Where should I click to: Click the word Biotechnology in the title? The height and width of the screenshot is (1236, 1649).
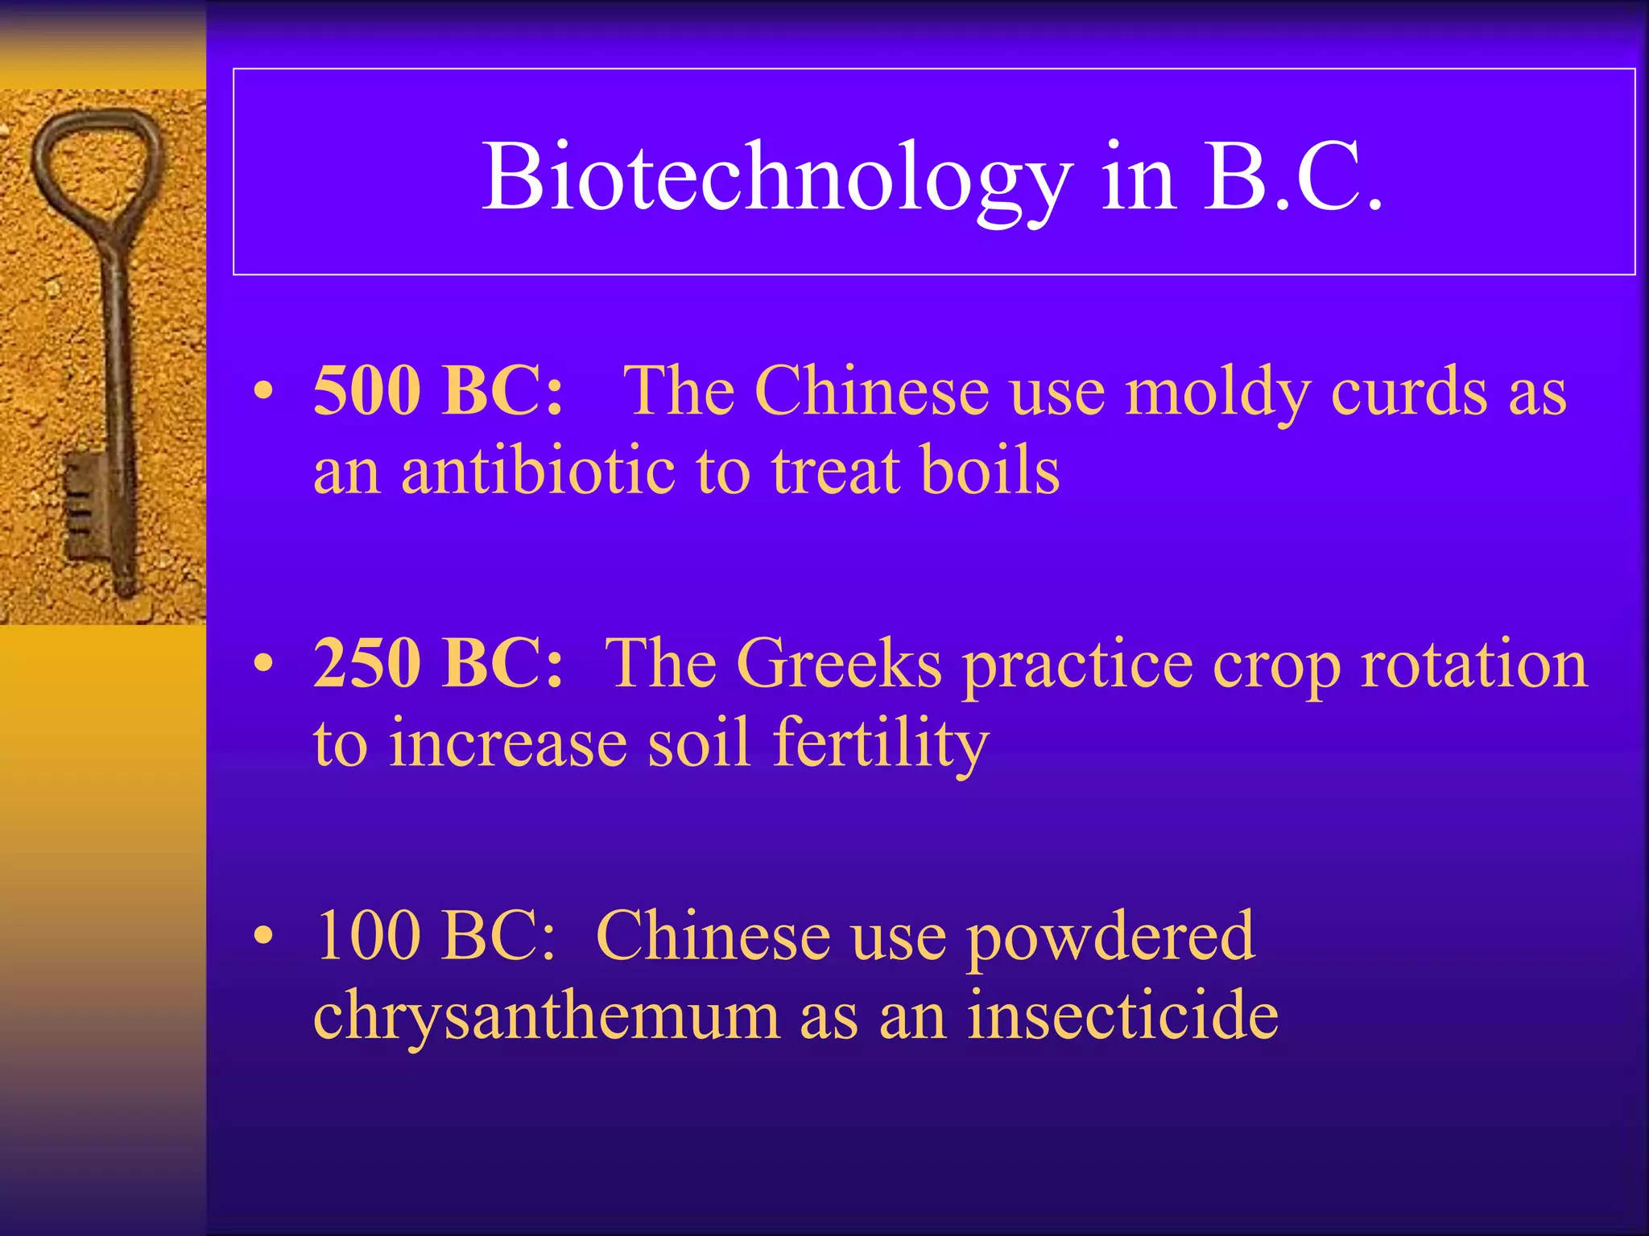coord(777,179)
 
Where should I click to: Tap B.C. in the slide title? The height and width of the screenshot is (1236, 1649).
coord(1293,179)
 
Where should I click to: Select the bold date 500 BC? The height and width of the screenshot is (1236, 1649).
coord(438,391)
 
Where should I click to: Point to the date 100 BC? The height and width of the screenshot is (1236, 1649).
coord(435,935)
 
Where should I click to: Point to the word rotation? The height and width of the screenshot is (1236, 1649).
coord(1473,665)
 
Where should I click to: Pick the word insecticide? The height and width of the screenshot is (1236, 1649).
coord(1122,1015)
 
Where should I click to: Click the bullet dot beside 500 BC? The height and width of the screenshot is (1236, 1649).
coord(263,393)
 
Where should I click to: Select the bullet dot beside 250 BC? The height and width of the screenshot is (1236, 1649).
coord(263,665)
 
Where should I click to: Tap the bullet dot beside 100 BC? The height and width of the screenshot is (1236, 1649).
coord(263,937)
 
